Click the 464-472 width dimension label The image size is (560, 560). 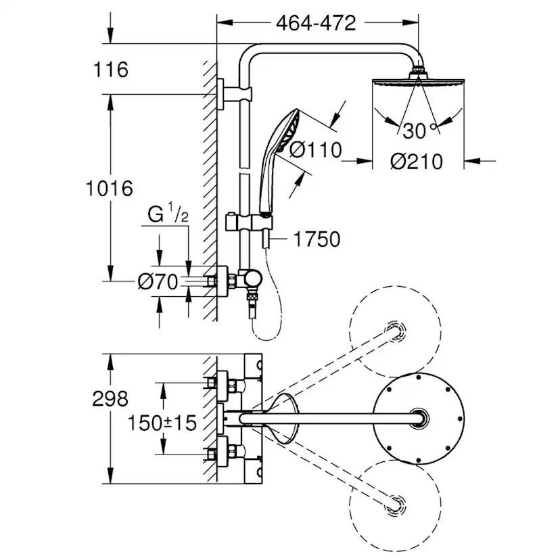pos(316,23)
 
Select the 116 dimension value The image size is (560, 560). pos(112,69)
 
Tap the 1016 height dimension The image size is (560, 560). pos(110,187)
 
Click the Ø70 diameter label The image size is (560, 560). pos(158,282)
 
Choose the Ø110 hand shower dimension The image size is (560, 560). pos(316,150)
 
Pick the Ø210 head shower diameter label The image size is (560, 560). pos(417,162)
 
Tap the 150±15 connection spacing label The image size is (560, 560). pos(163,423)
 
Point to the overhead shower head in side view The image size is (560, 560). pos(418,82)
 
